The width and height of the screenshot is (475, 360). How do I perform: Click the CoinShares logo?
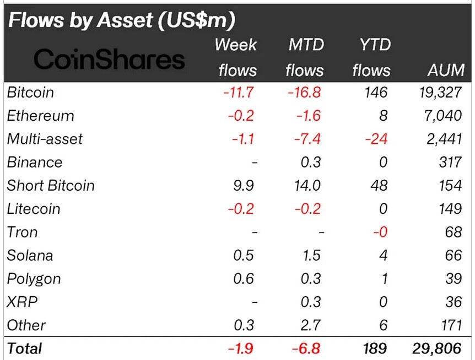[x=109, y=59]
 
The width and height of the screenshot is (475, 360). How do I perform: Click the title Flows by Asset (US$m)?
[x=122, y=20]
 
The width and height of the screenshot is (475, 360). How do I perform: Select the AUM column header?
[x=446, y=70]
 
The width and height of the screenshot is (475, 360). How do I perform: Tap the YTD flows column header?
[x=372, y=57]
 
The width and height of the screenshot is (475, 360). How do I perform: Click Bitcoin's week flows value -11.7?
[x=239, y=92]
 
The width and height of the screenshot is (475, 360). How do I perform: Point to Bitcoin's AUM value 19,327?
[x=441, y=92]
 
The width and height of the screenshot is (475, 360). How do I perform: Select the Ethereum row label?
[x=40, y=115]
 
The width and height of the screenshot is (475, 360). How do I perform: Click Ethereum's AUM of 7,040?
[x=443, y=115]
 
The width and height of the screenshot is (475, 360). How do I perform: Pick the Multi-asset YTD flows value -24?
[x=376, y=139]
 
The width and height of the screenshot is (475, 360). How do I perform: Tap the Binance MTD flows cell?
[x=311, y=162]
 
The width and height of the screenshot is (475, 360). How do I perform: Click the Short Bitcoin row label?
[x=51, y=185]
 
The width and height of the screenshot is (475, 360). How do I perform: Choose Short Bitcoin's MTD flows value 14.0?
[x=307, y=185]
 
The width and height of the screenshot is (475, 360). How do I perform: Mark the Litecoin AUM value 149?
[x=450, y=209]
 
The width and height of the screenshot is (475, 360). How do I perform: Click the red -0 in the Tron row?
[x=380, y=232]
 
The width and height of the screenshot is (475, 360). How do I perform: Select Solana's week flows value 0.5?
[x=244, y=255]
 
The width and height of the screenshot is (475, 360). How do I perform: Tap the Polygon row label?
[x=34, y=279]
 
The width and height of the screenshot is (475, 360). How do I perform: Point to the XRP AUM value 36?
[x=454, y=302]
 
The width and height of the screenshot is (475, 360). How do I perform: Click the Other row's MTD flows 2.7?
[x=311, y=325]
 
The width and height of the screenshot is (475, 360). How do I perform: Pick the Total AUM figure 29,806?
[x=437, y=348]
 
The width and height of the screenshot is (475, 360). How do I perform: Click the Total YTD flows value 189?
[x=375, y=348]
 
